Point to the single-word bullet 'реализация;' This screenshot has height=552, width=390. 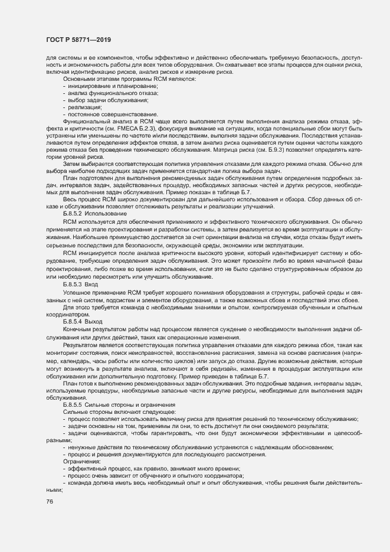85,107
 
